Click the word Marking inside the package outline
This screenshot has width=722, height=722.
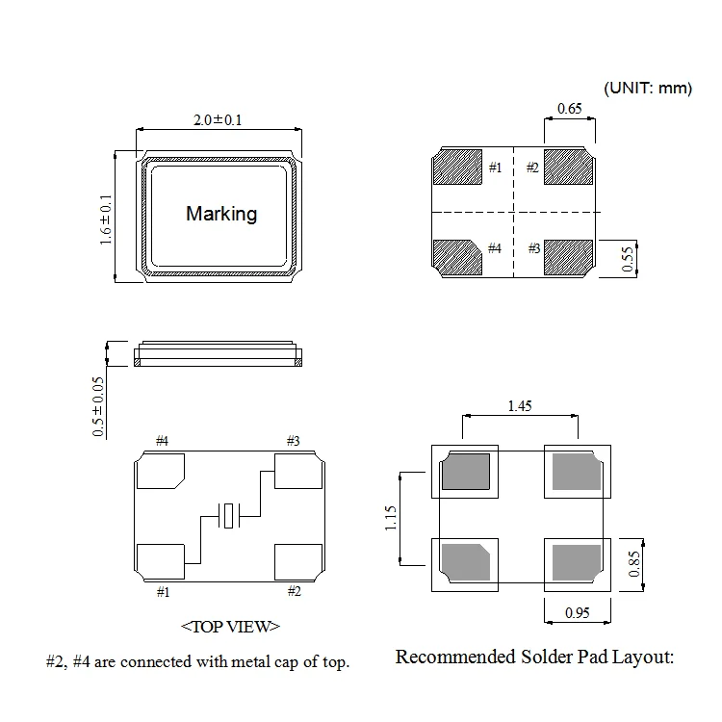click(x=221, y=213)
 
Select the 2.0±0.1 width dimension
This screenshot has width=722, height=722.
click(x=218, y=120)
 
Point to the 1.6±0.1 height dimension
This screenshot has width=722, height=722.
click(x=106, y=219)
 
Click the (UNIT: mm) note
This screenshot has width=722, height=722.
click(x=648, y=88)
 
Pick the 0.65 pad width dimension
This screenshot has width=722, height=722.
click(x=569, y=110)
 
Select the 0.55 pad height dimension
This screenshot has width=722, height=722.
click(x=628, y=259)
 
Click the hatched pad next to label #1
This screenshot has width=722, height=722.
click(x=457, y=167)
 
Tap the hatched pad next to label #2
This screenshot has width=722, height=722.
click(x=569, y=167)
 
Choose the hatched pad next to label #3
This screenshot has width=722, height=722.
click(x=569, y=257)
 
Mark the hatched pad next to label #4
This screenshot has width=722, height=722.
click(x=457, y=257)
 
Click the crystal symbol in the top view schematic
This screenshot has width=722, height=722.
click(x=229, y=515)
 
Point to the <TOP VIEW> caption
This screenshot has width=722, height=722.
click(x=230, y=626)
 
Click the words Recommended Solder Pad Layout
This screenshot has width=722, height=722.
click(x=534, y=658)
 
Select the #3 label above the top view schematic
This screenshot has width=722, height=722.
click(x=293, y=441)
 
